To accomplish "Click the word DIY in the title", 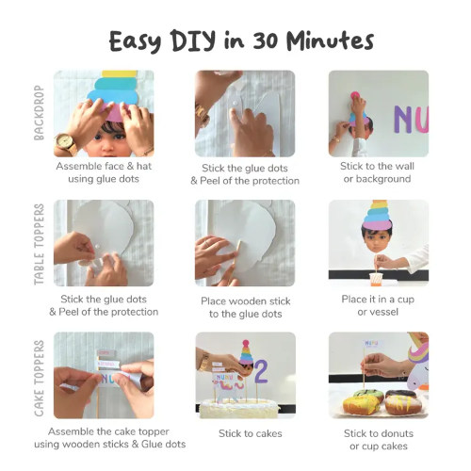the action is point(194,41).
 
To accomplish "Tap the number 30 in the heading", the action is point(266,41).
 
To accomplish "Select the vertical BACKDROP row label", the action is point(39,113).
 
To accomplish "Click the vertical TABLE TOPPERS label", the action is point(39,244).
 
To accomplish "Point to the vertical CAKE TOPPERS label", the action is point(39,378).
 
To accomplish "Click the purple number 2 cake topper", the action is point(261,371).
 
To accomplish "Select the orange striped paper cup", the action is point(375,279).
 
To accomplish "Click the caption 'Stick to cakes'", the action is point(251,433).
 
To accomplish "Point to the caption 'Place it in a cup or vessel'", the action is point(378,305).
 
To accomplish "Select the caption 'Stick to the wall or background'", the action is point(377,172).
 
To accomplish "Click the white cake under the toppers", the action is point(239,408).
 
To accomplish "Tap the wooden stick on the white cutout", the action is point(237,257).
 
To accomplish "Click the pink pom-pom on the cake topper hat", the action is point(246,343).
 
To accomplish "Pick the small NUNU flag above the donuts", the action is point(371,344).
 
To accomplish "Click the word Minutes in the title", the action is point(330,41).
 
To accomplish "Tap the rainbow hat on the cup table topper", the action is point(378,216).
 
